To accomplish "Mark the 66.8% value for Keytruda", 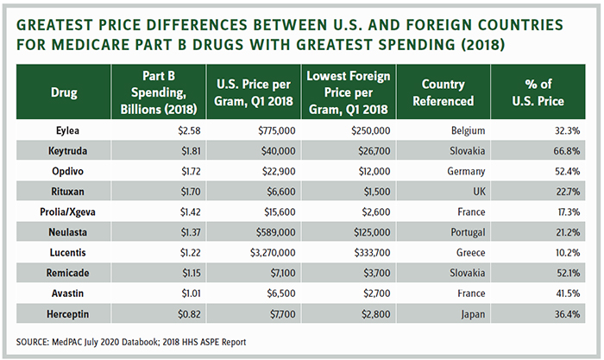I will point(549,150).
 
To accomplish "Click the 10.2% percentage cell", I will point(549,252).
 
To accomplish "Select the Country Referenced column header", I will point(449,92).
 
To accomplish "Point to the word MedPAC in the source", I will point(79,342).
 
